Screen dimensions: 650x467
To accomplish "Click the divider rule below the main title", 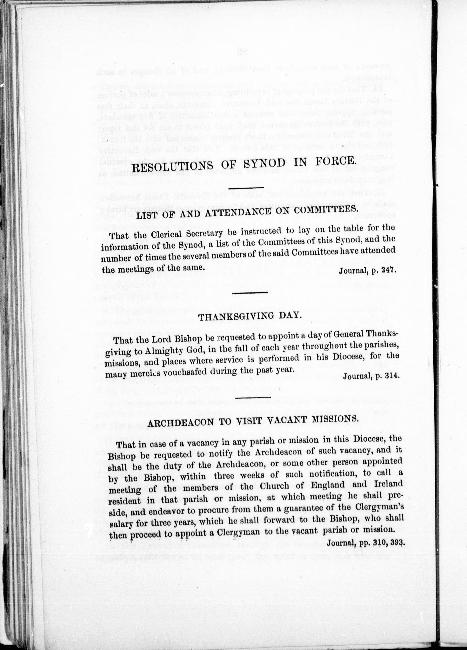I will (246, 188).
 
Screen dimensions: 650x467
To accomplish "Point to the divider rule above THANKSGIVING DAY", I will (250, 293).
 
